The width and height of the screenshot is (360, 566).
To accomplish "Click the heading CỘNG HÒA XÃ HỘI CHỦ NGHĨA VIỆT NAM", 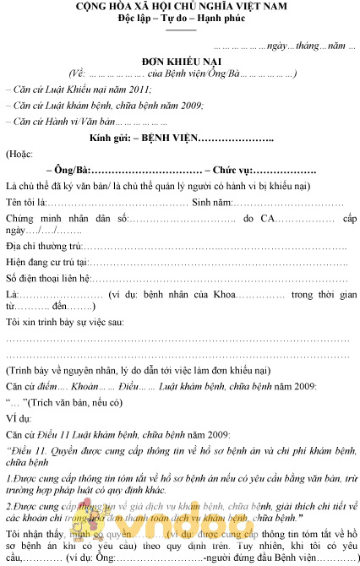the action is click(x=180, y=7).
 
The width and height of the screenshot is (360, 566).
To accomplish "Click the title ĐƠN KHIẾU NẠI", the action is click(x=179, y=62).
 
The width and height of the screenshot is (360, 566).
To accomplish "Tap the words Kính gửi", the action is click(x=110, y=138).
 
